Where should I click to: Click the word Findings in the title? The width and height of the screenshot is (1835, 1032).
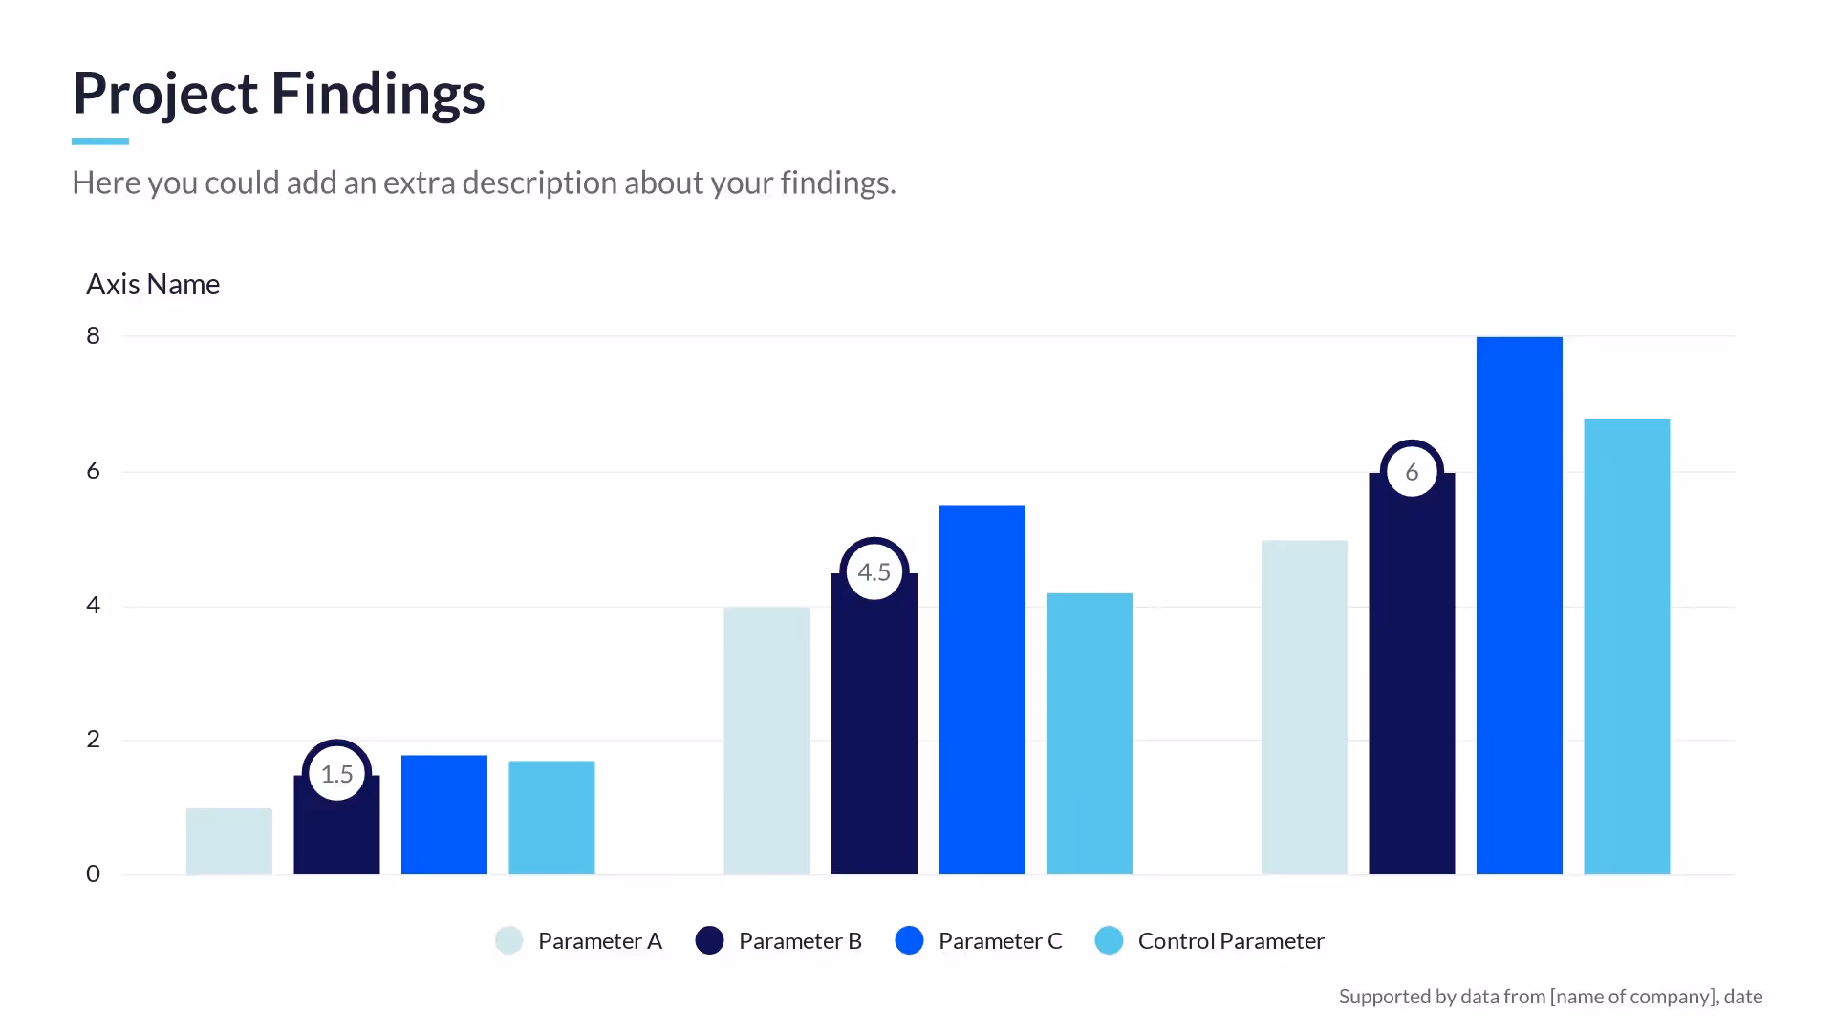[x=378, y=94]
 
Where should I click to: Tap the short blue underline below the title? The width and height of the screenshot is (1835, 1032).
[x=99, y=141]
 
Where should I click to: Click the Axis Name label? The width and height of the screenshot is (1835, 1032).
[x=153, y=285]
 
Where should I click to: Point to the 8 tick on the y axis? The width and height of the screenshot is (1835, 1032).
[x=93, y=335]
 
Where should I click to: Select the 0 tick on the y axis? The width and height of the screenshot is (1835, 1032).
[x=93, y=873]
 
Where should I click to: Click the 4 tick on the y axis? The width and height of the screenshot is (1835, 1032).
[x=93, y=605]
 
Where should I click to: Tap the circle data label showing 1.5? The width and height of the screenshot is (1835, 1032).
[x=336, y=774]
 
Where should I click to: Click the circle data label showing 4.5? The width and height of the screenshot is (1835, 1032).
[x=874, y=571]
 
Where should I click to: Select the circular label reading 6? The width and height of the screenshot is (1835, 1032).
[x=1412, y=471]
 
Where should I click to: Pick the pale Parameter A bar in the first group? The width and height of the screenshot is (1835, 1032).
[x=229, y=842]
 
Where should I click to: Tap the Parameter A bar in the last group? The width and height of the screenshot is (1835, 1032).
[x=1304, y=707]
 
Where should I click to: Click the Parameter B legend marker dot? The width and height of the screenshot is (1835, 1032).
[x=709, y=940]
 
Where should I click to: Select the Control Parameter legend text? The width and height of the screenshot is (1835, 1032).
[x=1230, y=941]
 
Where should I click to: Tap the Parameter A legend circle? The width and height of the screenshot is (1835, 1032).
[x=508, y=940]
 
